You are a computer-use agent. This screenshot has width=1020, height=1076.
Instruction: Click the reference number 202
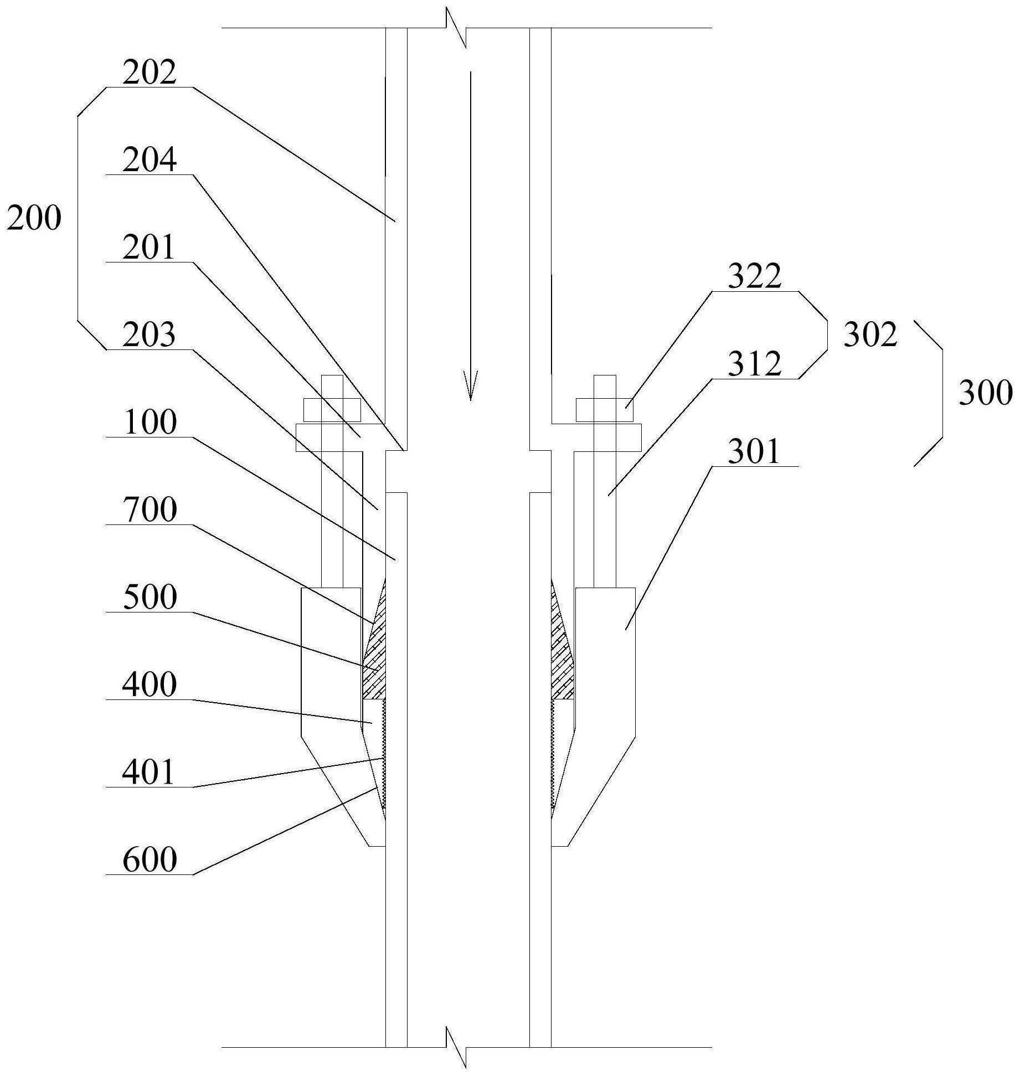coord(149,73)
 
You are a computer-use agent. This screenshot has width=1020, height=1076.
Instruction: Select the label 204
coord(149,161)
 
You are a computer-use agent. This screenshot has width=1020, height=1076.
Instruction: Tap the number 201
coord(149,248)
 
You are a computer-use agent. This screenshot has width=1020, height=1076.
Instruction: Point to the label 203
coord(149,336)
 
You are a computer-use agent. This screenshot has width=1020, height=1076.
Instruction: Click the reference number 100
coord(150,423)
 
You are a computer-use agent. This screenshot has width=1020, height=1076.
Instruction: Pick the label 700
coord(150,511)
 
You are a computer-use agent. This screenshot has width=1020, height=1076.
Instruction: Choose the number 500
coord(150,598)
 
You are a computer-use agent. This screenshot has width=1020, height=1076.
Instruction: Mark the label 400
coord(150,686)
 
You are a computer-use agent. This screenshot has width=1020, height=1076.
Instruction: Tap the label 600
coord(150,861)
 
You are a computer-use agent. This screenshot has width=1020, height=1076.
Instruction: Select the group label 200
coord(34,219)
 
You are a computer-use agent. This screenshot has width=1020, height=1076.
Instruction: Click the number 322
coord(754,277)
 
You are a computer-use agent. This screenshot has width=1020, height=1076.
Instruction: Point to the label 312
coord(754,364)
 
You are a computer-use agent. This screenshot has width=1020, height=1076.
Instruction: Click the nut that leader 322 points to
coord(605,410)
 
